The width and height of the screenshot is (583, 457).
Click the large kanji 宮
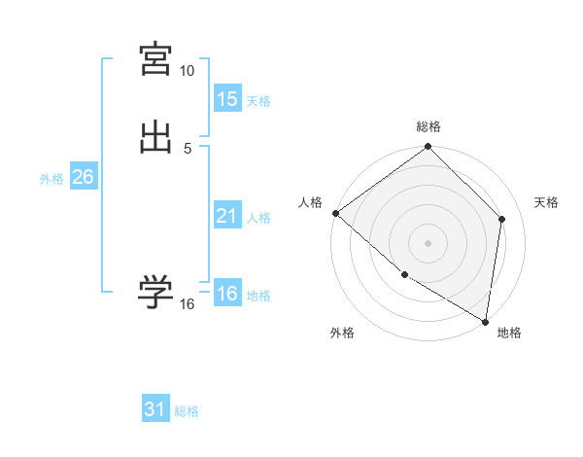tap(156, 59)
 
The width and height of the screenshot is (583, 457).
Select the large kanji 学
tap(156, 292)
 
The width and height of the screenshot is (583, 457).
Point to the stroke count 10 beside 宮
tap(188, 71)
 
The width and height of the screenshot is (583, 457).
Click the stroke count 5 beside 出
tap(188, 148)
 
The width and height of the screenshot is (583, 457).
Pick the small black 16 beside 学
tap(188, 304)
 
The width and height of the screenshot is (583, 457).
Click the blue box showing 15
tap(227, 99)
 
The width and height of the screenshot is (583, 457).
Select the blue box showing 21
tap(227, 216)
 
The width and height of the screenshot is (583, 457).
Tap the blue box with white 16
tap(227, 294)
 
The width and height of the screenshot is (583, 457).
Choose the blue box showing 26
tap(83, 177)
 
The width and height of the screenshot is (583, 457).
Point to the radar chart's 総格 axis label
tap(429, 126)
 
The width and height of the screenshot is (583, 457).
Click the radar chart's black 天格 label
tap(546, 202)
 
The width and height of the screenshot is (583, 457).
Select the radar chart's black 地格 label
tap(509, 334)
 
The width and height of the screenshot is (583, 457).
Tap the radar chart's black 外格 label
tap(342, 334)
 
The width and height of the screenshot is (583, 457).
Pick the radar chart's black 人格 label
tap(311, 202)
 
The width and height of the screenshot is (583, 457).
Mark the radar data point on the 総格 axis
tap(429, 148)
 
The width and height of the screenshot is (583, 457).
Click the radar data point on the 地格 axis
tap(485, 320)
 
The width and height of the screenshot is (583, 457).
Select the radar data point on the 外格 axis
tap(404, 275)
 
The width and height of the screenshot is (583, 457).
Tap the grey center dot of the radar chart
tap(429, 242)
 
